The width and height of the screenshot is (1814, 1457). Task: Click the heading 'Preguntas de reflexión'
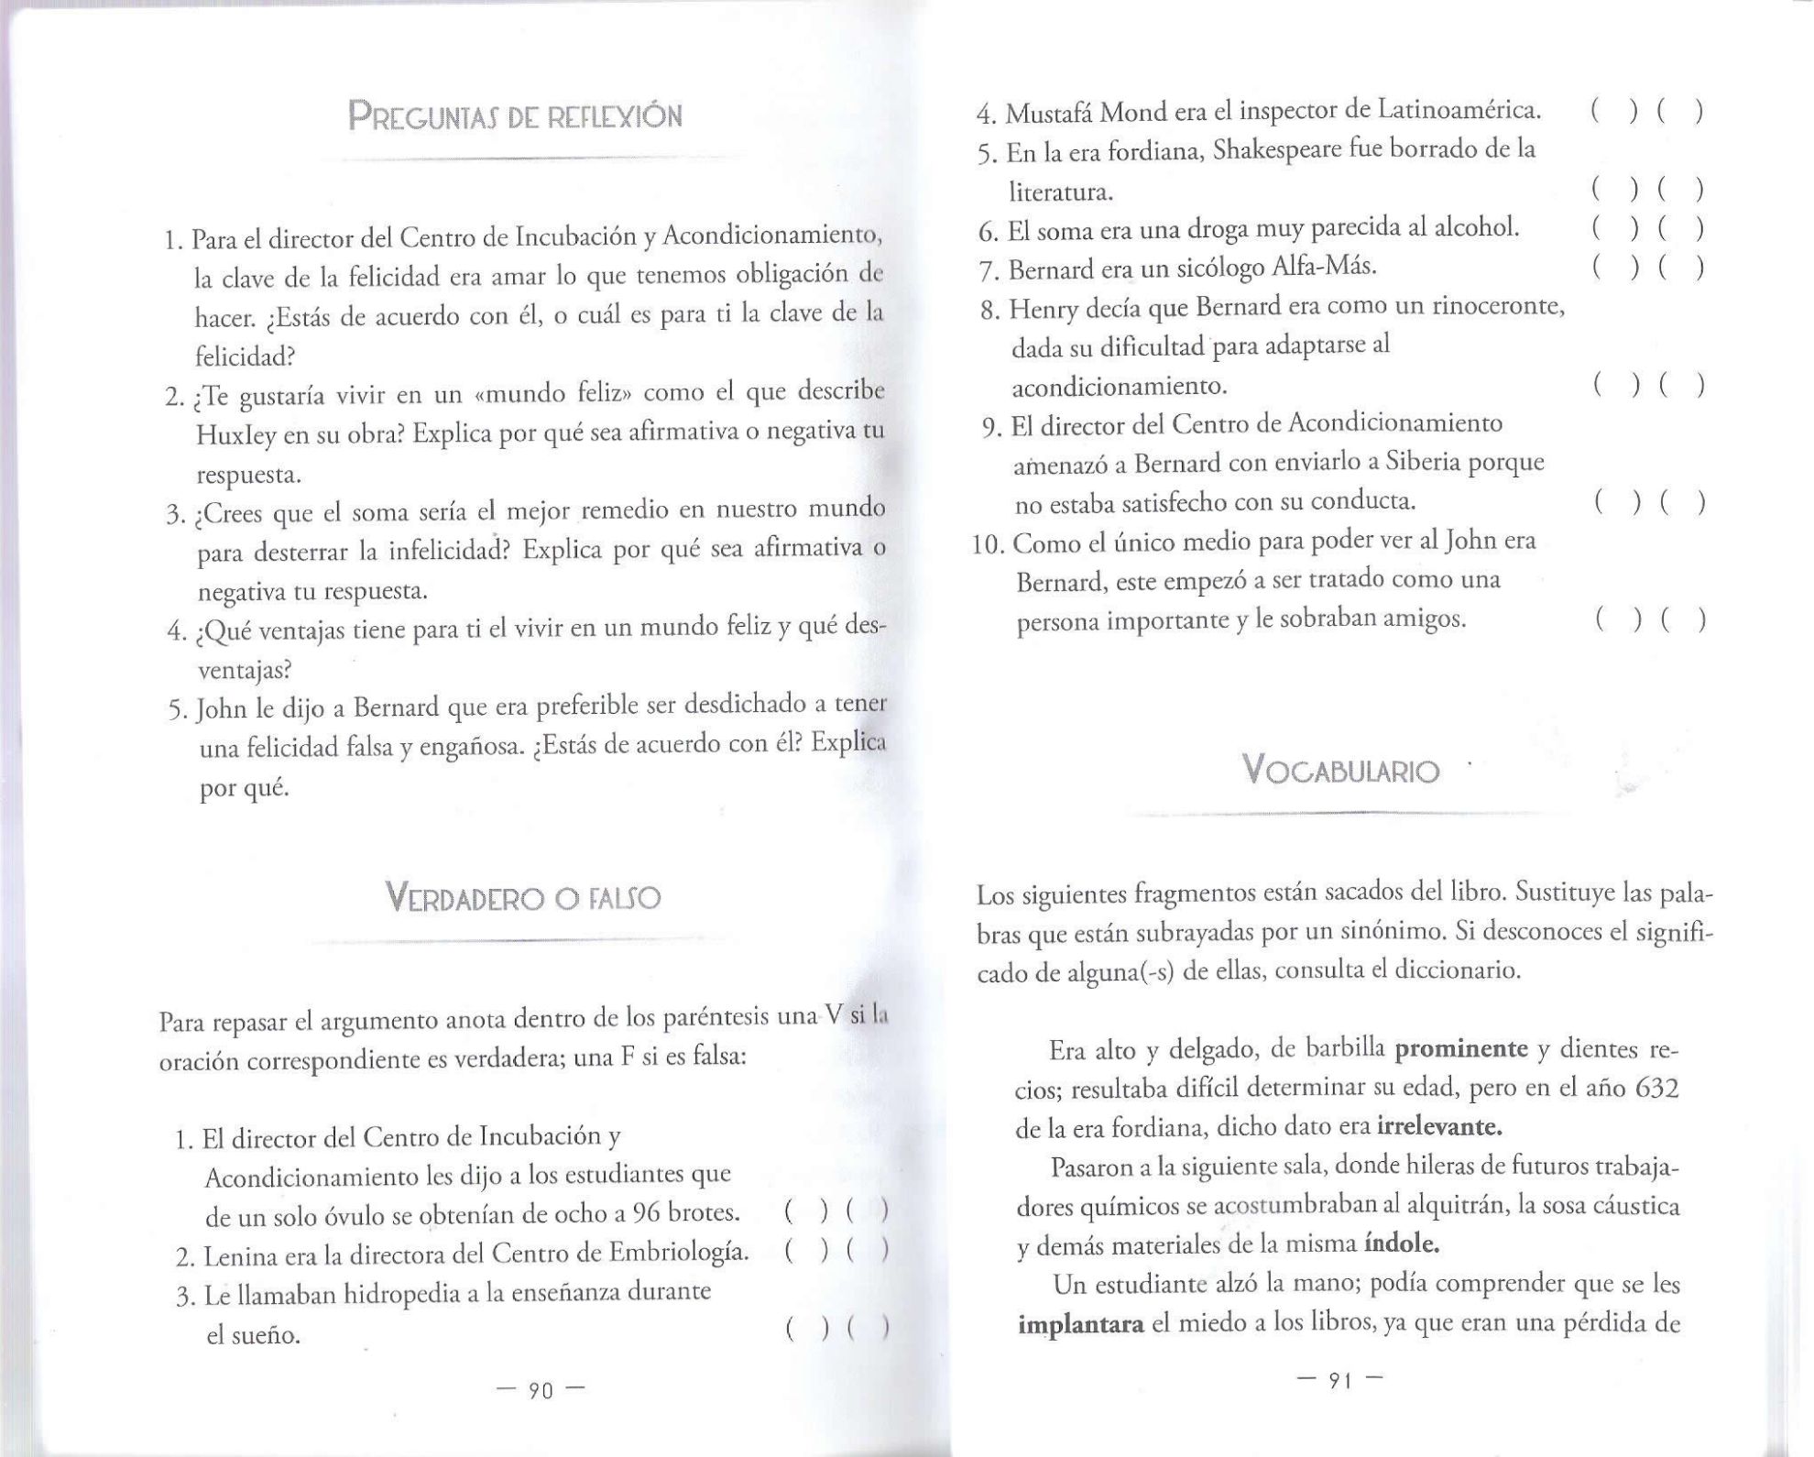coord(515,117)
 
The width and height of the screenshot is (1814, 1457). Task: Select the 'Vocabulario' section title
coord(1340,770)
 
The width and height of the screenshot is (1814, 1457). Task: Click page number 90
coord(541,1391)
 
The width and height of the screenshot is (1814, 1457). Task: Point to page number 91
coord(1340,1380)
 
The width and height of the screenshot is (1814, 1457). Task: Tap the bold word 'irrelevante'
coord(1439,1125)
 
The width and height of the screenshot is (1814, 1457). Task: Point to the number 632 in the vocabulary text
coord(1656,1088)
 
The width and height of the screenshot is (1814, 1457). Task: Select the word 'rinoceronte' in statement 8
coord(1500,305)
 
